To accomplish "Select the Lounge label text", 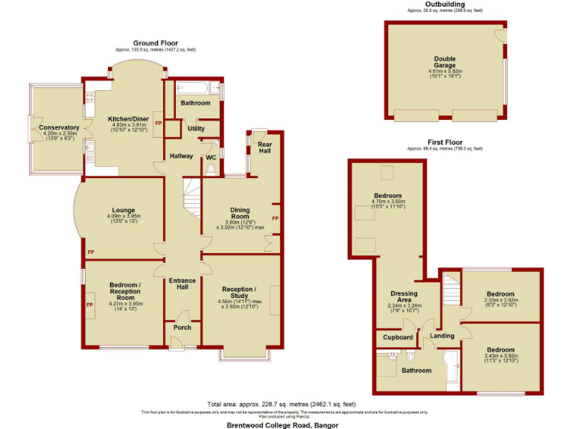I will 123,210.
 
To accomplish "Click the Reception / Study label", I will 239,292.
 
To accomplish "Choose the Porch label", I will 182,328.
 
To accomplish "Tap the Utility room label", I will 196,129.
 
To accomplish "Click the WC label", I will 210,157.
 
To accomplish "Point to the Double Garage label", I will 445,63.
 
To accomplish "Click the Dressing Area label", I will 404,296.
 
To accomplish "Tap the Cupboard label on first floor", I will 398,337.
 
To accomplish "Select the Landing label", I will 443,336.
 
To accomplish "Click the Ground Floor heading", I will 155,42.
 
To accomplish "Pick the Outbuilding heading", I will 445,4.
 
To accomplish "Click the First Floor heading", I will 445,142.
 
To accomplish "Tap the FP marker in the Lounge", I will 91,252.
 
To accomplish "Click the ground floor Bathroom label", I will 195,103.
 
